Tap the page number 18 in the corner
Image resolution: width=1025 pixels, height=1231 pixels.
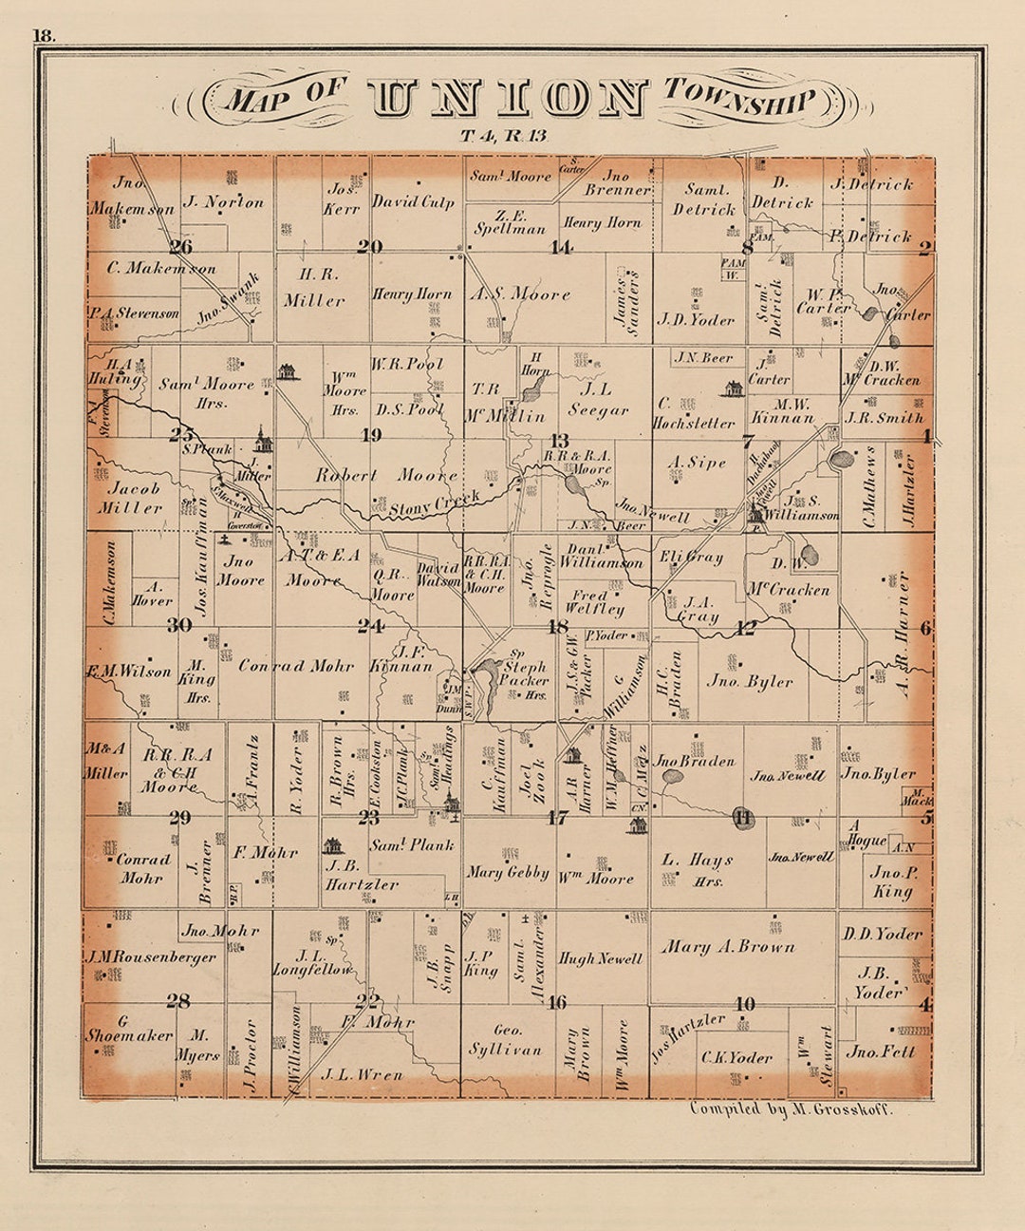[x=44, y=35]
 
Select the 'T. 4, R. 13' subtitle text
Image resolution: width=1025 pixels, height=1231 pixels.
[x=503, y=136]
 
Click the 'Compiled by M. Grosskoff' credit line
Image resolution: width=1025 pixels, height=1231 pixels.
[x=791, y=1108]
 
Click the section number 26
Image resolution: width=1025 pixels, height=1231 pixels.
[x=180, y=247]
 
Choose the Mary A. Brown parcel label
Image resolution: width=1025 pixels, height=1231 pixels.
[x=728, y=947]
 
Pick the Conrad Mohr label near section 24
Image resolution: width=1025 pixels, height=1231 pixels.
[x=283, y=666]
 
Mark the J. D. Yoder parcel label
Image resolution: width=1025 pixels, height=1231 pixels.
[x=697, y=320]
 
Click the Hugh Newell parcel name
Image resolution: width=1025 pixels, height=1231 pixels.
[x=600, y=958]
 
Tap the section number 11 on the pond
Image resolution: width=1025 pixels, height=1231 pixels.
[x=742, y=816]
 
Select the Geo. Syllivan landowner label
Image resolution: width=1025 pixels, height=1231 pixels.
[x=505, y=1039]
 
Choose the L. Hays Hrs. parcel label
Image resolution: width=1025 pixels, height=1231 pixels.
[x=698, y=868]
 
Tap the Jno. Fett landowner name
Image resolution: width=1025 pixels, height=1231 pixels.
[x=880, y=1051]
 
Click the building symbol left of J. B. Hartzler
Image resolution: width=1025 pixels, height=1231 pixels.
[x=333, y=844]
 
